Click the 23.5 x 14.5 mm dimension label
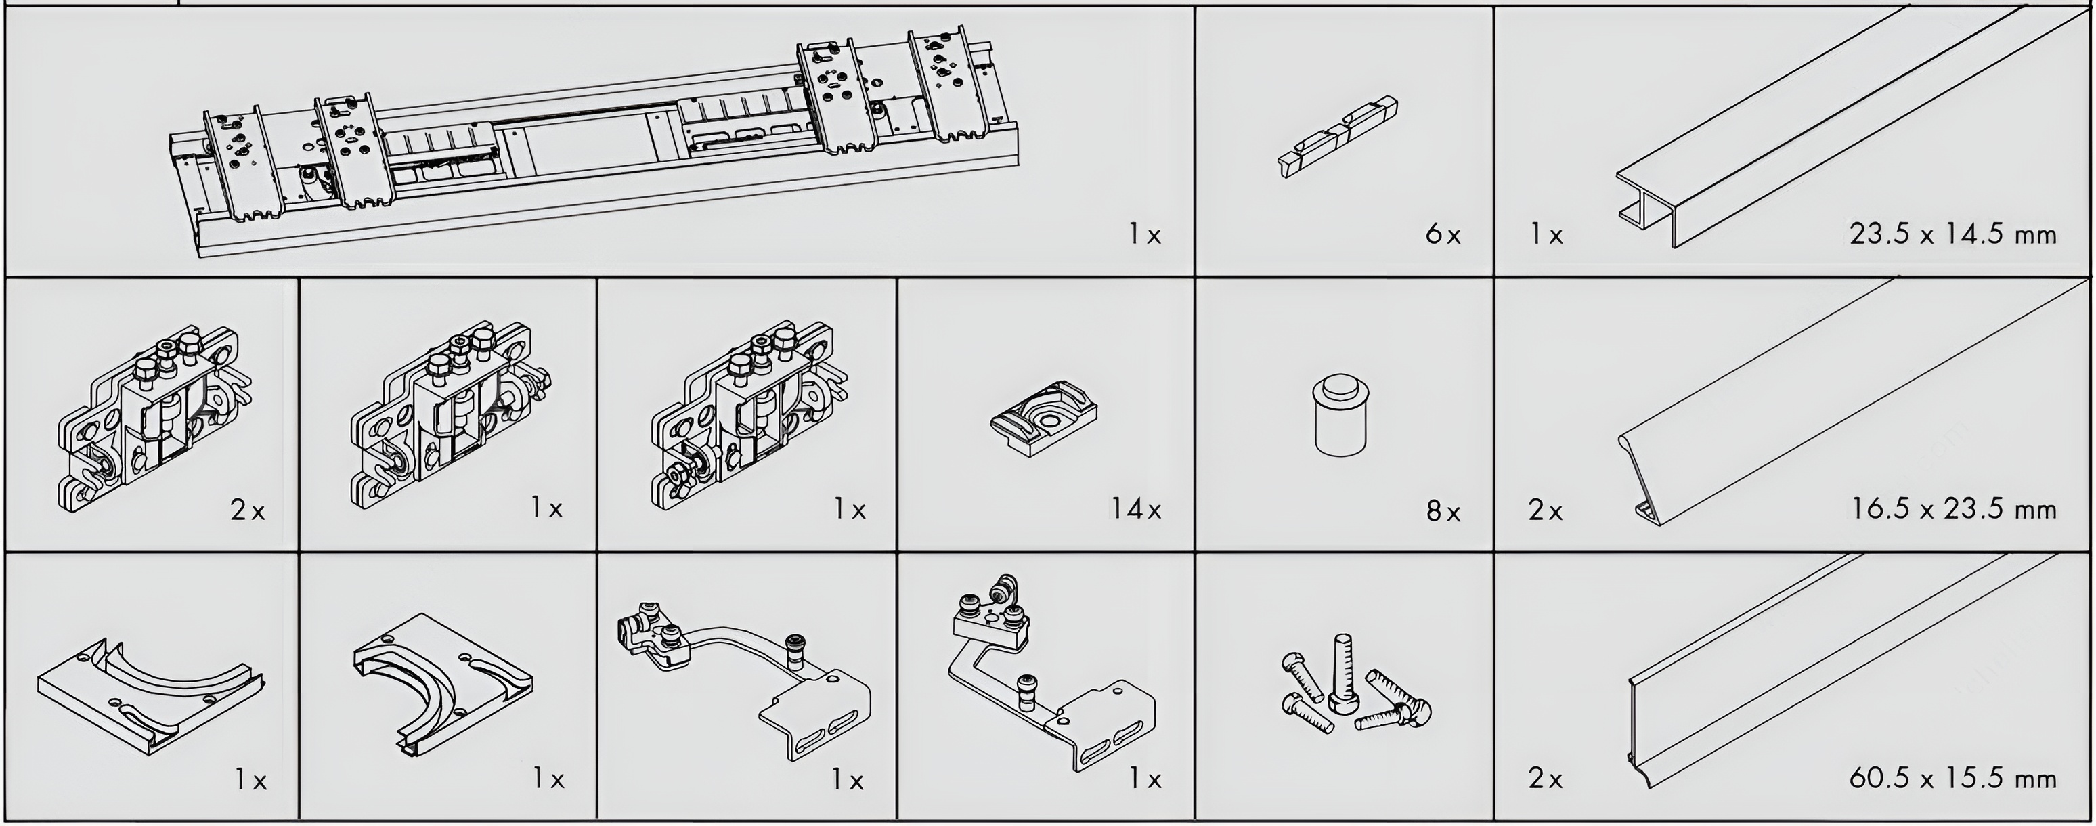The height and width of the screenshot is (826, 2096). (1952, 235)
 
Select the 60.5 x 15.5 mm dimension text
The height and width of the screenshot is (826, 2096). (1952, 779)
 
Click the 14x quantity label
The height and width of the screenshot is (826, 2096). (1137, 509)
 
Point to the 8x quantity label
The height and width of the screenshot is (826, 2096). (1443, 511)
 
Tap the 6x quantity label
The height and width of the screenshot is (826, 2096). (1443, 235)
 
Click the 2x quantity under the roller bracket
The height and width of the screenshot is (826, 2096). (247, 510)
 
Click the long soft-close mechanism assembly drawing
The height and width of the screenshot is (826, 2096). (594, 142)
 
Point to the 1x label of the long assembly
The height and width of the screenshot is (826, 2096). (1144, 235)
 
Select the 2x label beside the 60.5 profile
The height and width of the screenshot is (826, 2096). (1545, 779)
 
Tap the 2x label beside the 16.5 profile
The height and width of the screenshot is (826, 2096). (1545, 510)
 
